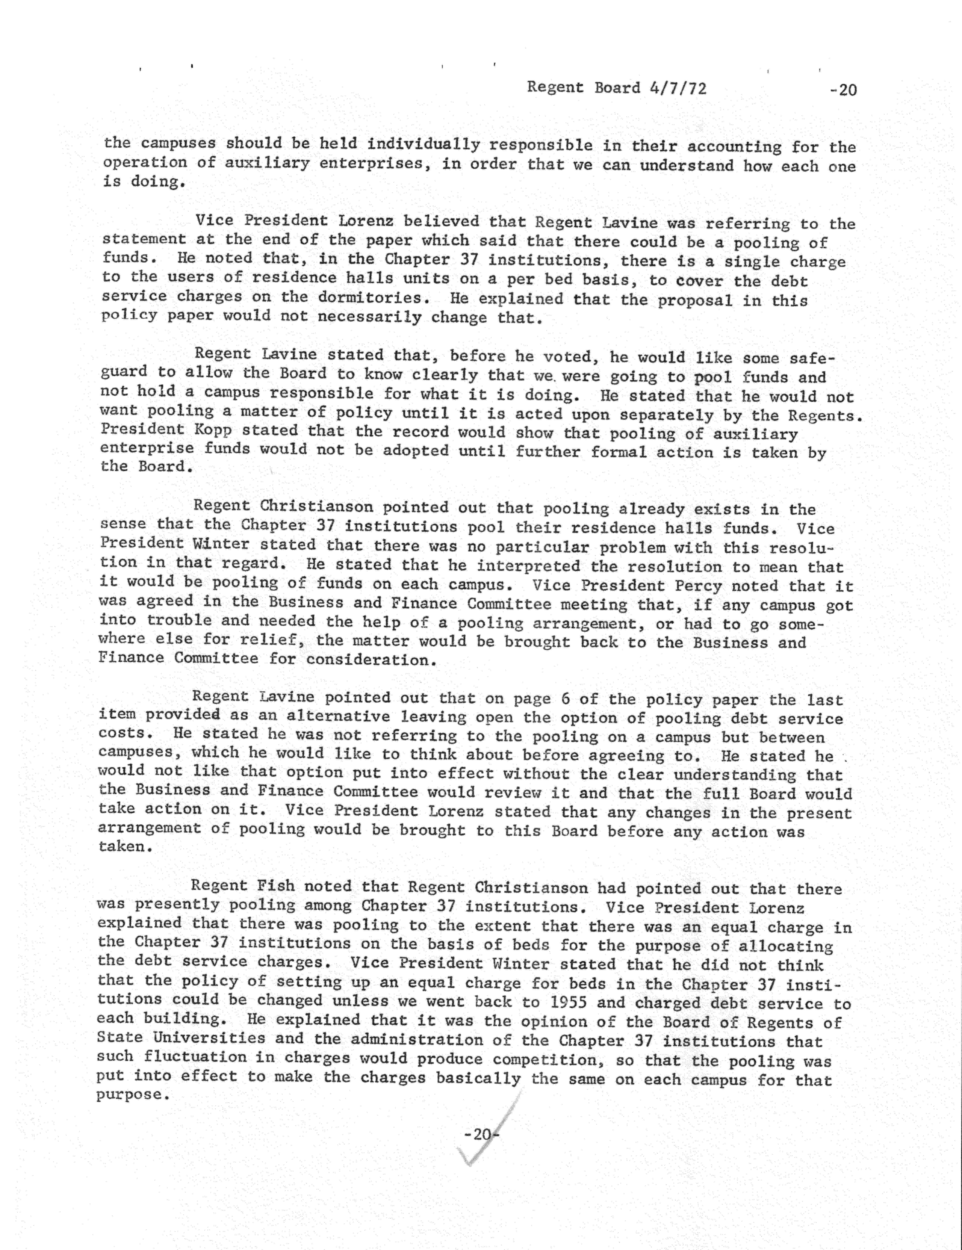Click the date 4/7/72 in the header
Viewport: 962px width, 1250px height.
point(678,88)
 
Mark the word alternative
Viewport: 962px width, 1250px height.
point(338,717)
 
